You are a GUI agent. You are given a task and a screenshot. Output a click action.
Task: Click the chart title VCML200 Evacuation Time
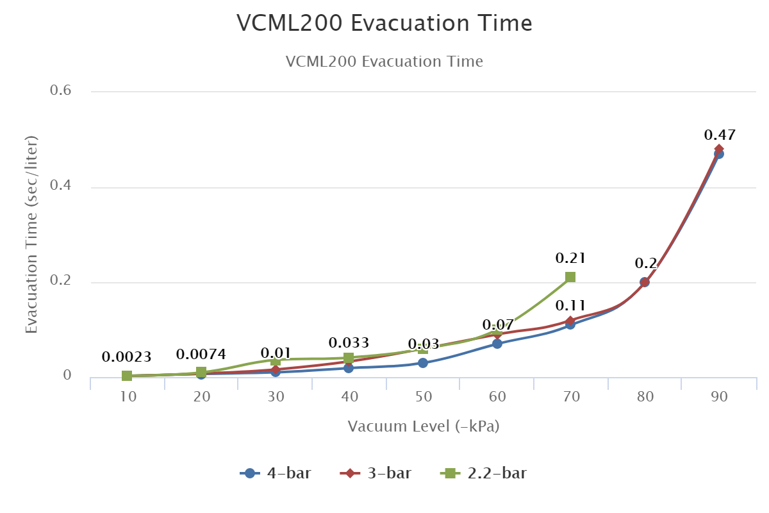384,24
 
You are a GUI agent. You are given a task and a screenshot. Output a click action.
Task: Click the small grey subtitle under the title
384,62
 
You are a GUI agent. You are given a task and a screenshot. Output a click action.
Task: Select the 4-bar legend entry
276,474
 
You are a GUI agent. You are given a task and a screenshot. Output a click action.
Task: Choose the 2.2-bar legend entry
484,474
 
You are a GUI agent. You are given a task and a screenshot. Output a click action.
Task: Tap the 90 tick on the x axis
719,396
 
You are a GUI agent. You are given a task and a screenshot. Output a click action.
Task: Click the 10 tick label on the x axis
128,396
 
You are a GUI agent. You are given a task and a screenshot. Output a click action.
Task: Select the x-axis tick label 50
423,396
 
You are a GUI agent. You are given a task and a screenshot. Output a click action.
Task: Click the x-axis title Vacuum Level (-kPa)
423,426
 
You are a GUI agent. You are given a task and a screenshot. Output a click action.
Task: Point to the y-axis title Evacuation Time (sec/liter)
31,234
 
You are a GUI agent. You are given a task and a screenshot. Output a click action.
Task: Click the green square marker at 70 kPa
570,277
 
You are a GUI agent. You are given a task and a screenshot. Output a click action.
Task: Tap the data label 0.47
719,135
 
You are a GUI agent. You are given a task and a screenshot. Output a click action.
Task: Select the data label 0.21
570,258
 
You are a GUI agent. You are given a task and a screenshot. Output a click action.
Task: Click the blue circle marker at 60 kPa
497,344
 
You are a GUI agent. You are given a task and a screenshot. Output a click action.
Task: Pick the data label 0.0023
126,357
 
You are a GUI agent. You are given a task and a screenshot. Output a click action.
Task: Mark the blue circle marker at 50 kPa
423,363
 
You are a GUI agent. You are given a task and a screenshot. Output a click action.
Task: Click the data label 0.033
349,343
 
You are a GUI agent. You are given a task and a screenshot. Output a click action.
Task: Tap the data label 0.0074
201,355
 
